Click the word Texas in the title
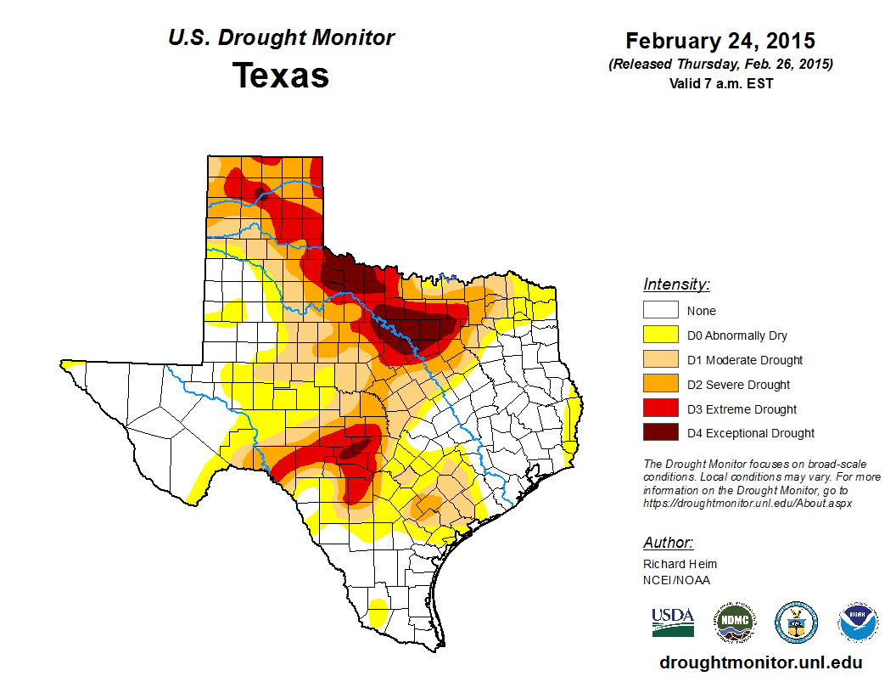click(281, 76)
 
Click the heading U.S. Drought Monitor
click(281, 38)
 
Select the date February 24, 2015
click(720, 41)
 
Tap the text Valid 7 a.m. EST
click(720, 83)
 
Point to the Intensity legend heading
click(676, 285)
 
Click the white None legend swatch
click(660, 311)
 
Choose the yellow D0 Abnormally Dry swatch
click(660, 335)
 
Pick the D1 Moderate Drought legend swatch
click(660, 360)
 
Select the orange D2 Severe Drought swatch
click(660, 385)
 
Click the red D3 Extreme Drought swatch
click(660, 408)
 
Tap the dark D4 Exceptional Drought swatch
click(660, 433)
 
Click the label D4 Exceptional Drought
click(751, 433)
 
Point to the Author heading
click(668, 543)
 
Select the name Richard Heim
click(680, 564)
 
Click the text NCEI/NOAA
click(676, 580)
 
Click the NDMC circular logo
click(734, 623)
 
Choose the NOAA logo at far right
click(859, 623)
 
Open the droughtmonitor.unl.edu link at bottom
click(760, 663)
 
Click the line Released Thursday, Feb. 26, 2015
click(720, 65)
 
